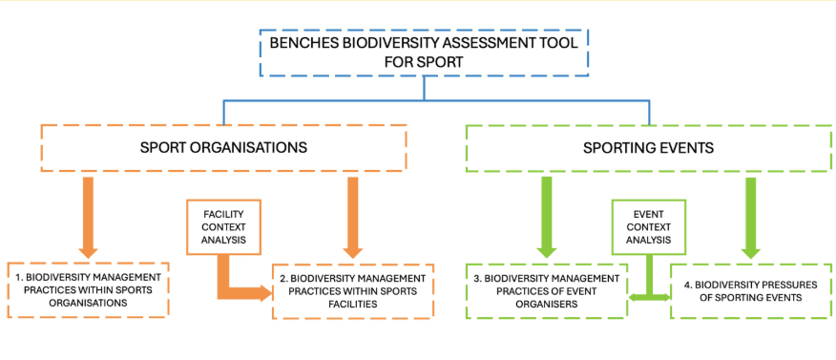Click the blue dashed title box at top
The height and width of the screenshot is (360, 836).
coord(424,52)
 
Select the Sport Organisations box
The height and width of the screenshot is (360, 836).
coord(224,148)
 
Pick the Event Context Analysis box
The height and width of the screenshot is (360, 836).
coord(648,227)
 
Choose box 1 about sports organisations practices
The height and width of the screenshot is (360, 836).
coord(87,288)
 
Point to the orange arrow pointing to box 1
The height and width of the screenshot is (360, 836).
coord(89,215)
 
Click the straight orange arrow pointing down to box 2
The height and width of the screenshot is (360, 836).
coord(352,215)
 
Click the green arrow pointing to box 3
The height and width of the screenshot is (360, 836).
coord(546,215)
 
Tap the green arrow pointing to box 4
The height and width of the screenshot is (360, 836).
coord(751,215)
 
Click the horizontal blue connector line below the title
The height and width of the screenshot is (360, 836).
coord(424,99)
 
